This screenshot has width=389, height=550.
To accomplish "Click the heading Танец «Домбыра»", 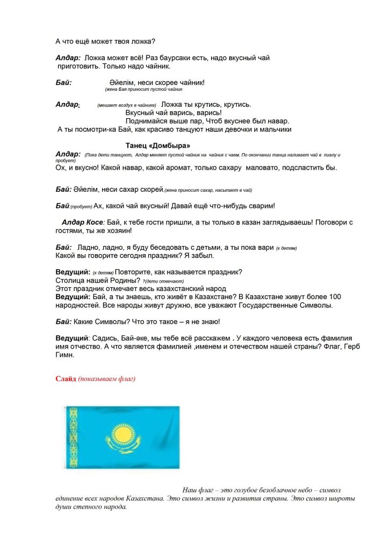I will coord(158,146).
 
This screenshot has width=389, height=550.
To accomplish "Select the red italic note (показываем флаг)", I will coord(106,379).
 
